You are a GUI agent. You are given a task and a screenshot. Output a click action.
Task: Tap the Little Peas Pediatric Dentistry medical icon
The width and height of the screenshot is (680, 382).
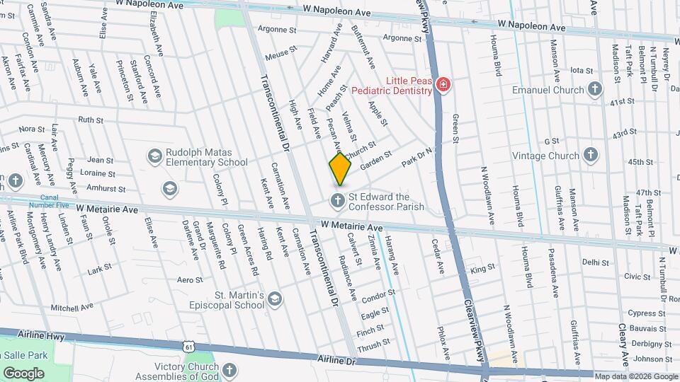[443, 86]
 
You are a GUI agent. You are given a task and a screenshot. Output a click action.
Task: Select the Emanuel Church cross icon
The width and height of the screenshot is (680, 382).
[594, 90]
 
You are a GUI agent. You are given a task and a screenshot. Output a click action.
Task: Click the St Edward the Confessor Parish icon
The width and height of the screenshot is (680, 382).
[338, 202]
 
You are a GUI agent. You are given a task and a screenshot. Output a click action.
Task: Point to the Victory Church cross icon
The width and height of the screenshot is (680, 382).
[229, 370]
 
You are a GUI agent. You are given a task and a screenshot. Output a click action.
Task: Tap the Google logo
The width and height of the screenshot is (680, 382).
[23, 373]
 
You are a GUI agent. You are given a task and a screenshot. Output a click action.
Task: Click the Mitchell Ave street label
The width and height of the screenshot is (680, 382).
[72, 308]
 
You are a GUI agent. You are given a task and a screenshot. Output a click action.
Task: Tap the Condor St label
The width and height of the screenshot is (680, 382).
[378, 293]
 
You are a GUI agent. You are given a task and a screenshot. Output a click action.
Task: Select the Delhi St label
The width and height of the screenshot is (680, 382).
[596, 262]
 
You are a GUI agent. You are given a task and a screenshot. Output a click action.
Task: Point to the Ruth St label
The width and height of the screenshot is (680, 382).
[91, 120]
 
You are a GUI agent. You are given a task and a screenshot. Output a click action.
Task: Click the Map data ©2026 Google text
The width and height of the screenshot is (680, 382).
[635, 376]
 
